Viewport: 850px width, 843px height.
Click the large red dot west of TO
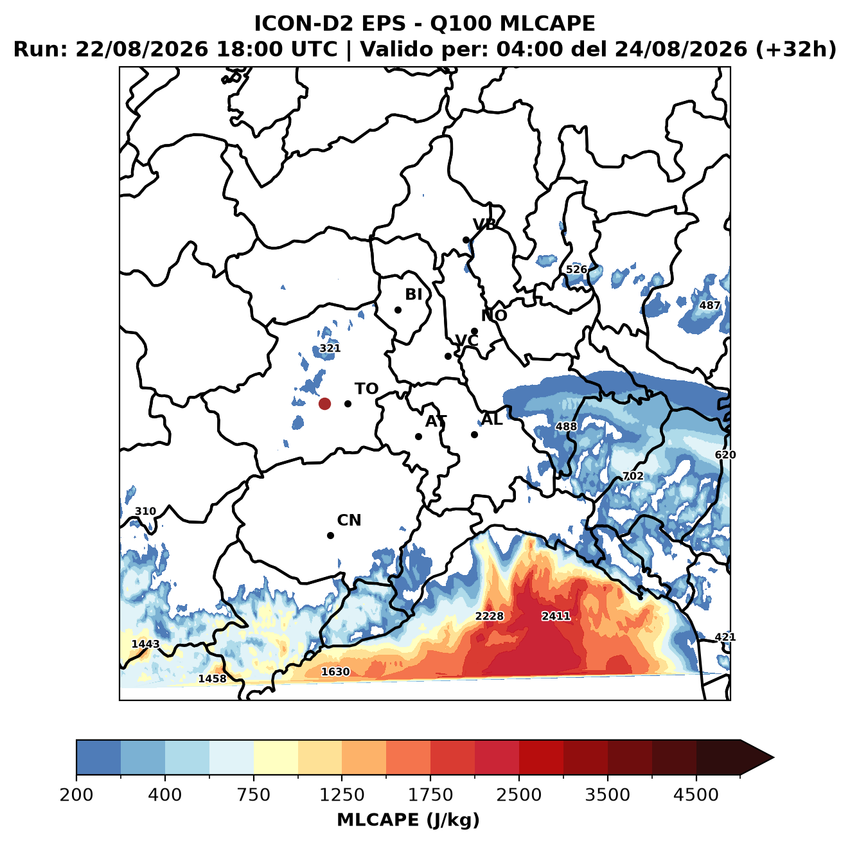(x=324, y=404)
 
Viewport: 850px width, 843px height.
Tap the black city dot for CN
(x=330, y=535)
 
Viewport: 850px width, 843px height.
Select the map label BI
(x=413, y=294)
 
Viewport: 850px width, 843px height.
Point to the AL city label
(x=492, y=419)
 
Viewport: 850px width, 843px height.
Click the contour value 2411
(x=556, y=616)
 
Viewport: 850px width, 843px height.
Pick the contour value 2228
(x=489, y=616)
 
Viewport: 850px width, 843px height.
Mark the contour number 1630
(x=335, y=671)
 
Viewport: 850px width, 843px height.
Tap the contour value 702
(x=633, y=476)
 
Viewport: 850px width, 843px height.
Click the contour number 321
(x=330, y=348)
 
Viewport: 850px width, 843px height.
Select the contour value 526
(x=576, y=269)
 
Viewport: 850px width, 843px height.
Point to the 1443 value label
(x=145, y=644)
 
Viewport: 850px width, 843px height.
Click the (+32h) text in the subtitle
(x=796, y=49)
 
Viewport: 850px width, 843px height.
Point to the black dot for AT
(x=418, y=436)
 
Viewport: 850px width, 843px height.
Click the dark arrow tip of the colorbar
(x=773, y=758)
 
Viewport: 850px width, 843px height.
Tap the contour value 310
(x=145, y=511)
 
